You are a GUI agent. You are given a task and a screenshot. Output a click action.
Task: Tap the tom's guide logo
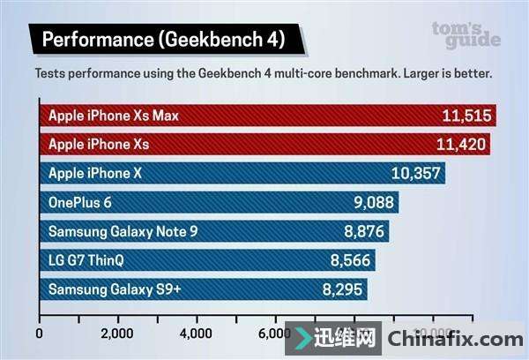466,34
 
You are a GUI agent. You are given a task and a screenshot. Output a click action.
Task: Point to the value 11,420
460,145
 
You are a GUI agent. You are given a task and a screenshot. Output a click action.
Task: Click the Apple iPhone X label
95,174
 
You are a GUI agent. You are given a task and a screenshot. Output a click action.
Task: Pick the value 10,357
415,174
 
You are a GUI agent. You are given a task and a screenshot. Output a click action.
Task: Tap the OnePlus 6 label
80,203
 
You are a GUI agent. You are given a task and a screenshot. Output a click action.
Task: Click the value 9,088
372,203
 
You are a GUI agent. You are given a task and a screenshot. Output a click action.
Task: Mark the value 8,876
364,232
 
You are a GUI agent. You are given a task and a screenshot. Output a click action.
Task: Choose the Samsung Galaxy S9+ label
115,289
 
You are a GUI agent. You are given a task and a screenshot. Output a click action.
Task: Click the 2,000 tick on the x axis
116,334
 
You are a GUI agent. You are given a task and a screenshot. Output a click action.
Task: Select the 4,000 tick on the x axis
195,334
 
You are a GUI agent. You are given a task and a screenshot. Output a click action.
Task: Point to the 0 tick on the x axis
40,334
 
